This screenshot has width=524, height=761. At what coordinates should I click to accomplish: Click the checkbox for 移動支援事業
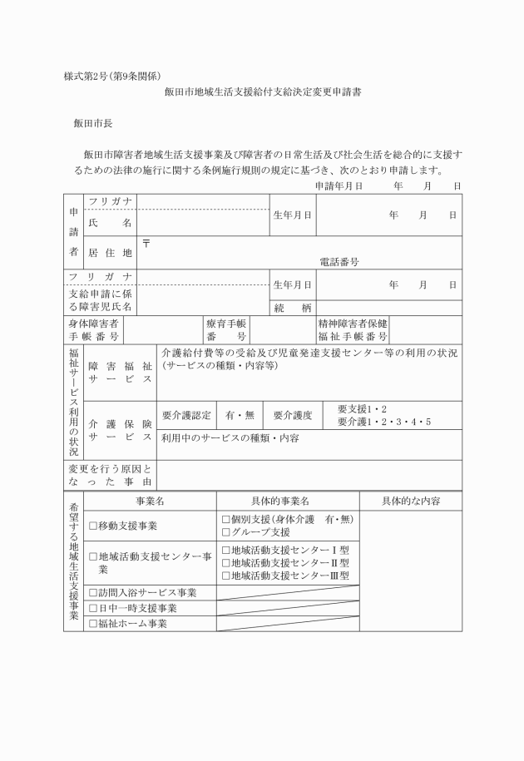coord(93,526)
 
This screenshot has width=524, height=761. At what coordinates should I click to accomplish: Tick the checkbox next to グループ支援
coord(225,532)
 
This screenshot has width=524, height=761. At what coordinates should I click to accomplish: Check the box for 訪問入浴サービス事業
coord(93,593)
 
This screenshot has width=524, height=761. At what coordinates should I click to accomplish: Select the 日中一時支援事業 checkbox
coord(93,609)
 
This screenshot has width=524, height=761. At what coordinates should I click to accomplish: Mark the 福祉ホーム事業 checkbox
coord(93,624)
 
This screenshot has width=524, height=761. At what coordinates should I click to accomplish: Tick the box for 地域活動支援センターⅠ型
coord(225,549)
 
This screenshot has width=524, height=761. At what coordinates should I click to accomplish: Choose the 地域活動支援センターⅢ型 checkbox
coord(225,576)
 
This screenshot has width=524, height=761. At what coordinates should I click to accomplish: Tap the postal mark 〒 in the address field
coord(146,243)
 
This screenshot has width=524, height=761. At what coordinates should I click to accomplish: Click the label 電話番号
coord(339,261)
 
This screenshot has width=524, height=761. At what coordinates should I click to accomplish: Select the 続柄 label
coord(293,308)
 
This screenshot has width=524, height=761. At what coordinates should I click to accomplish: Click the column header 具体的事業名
coord(287,502)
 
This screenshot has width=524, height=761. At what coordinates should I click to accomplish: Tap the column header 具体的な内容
coord(410,502)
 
